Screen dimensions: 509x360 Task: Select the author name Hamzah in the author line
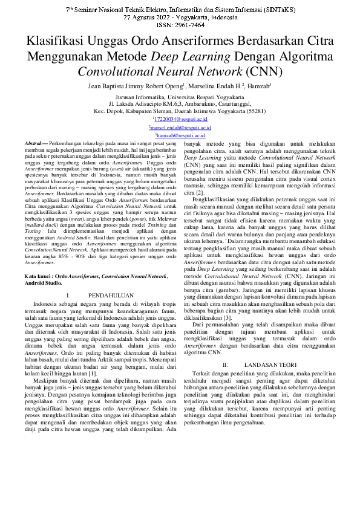pyautogui.click(x=259, y=86)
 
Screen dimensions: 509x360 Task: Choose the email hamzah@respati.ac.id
pyautogui.click(x=180, y=136)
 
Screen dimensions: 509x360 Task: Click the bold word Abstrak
pyautogui.click(x=32, y=143)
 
